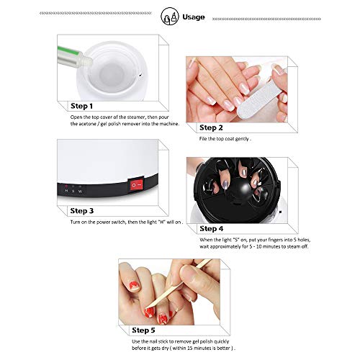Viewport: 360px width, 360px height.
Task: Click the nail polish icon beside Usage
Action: pyautogui.click(x=170, y=17)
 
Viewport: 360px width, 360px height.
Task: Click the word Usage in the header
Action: pyautogui.click(x=194, y=17)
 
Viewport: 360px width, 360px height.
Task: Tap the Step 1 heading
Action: pyautogui.click(x=81, y=106)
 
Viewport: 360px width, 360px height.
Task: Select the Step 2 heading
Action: pyautogui.click(x=211, y=127)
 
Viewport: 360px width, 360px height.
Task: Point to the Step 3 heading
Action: pyautogui.click(x=82, y=211)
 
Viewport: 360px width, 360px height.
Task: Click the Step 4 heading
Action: pyautogui.click(x=212, y=229)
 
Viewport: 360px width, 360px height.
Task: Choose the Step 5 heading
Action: pyautogui.click(x=143, y=330)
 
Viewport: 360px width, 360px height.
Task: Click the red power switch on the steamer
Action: pyautogui.click(x=136, y=185)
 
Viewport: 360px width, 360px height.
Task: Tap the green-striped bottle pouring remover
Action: pyautogui.click(x=74, y=58)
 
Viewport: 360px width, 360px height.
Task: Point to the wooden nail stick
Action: pyautogui.click(x=178, y=284)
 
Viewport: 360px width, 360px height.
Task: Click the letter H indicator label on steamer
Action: pyautogui.click(x=66, y=191)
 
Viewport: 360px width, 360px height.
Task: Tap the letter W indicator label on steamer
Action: pyautogui.click(x=80, y=192)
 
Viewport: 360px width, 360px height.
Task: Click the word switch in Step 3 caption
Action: pyautogui.click(x=119, y=222)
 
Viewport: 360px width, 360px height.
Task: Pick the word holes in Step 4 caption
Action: pyautogui.click(x=304, y=240)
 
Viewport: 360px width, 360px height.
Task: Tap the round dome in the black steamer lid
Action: pyautogui.click(x=239, y=191)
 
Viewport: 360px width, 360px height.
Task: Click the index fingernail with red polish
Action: pyautogui.click(x=149, y=313)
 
